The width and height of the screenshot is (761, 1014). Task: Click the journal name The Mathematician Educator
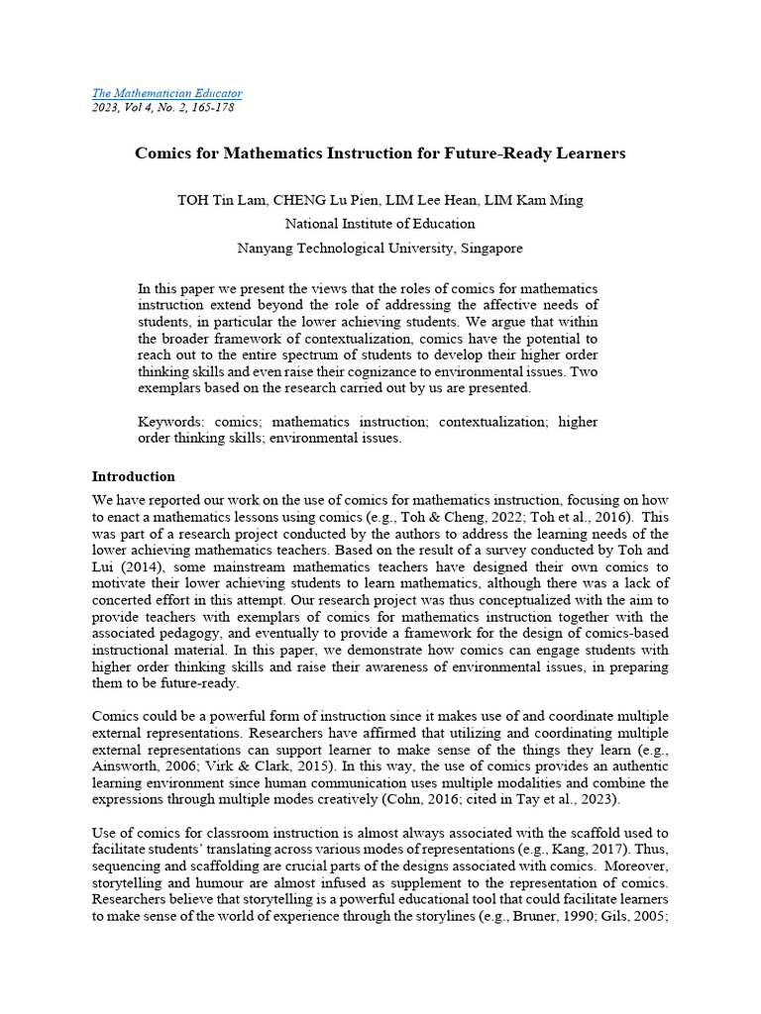[166, 93]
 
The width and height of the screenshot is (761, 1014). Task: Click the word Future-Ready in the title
[512, 153]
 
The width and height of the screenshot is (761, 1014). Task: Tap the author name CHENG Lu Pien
[319, 200]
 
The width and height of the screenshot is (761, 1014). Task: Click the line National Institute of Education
[380, 224]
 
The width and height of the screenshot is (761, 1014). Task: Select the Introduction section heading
[133, 476]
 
